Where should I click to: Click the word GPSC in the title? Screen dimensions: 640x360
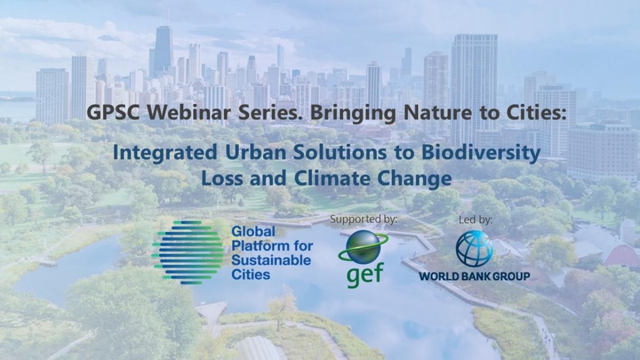point(113,113)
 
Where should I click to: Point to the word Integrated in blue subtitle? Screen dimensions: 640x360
point(165,153)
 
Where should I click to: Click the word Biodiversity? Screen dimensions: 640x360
point(481,153)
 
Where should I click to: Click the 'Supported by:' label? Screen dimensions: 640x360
point(363,219)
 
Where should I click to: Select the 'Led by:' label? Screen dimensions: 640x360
point(475,220)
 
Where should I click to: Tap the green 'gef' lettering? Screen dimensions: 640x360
point(365,275)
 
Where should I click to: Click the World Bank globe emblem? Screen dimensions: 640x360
point(474,249)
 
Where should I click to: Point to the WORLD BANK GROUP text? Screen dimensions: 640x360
point(474,276)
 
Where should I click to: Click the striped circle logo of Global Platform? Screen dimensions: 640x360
point(188,253)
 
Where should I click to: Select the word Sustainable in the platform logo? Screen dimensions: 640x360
point(271,260)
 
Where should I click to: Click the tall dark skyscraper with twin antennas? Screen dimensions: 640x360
point(163,51)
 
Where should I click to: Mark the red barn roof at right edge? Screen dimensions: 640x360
point(623,254)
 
